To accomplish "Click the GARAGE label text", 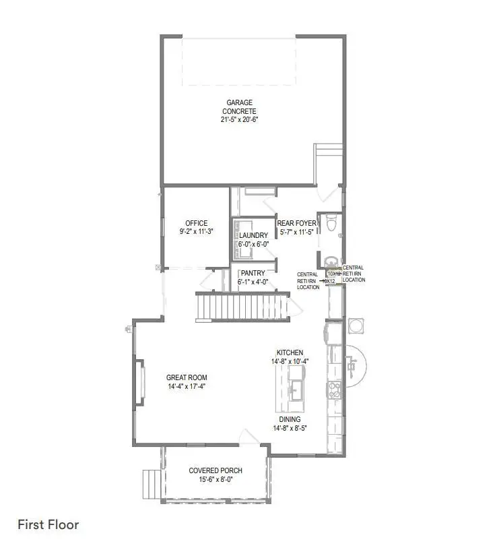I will point(239,103).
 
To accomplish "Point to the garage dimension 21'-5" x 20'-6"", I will point(239,119).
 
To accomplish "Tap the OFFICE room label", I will point(196,223).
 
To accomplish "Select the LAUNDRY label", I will point(253,236).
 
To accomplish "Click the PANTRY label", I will point(253,274).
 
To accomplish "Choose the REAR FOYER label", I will point(297,224).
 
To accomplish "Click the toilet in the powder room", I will point(330,223).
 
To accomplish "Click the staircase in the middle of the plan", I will point(239,307).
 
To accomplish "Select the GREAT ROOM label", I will point(187,377).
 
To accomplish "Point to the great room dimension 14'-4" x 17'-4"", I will point(187,387).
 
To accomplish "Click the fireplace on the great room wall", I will point(141,382).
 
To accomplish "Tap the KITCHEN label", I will point(290,352).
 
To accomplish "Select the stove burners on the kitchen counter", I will point(333,389).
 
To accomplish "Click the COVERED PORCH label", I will point(216,470).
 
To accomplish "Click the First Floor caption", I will point(48,524).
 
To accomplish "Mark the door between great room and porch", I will point(250,438).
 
